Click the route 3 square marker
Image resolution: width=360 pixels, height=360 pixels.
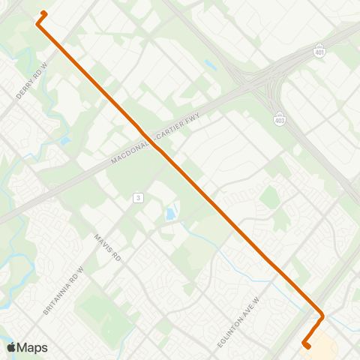138,197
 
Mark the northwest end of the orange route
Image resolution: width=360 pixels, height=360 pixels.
43,13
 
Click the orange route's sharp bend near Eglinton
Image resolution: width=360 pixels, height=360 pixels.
322,316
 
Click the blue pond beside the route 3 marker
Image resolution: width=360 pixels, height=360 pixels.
171,214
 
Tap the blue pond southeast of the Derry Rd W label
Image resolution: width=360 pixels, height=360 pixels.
65,140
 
